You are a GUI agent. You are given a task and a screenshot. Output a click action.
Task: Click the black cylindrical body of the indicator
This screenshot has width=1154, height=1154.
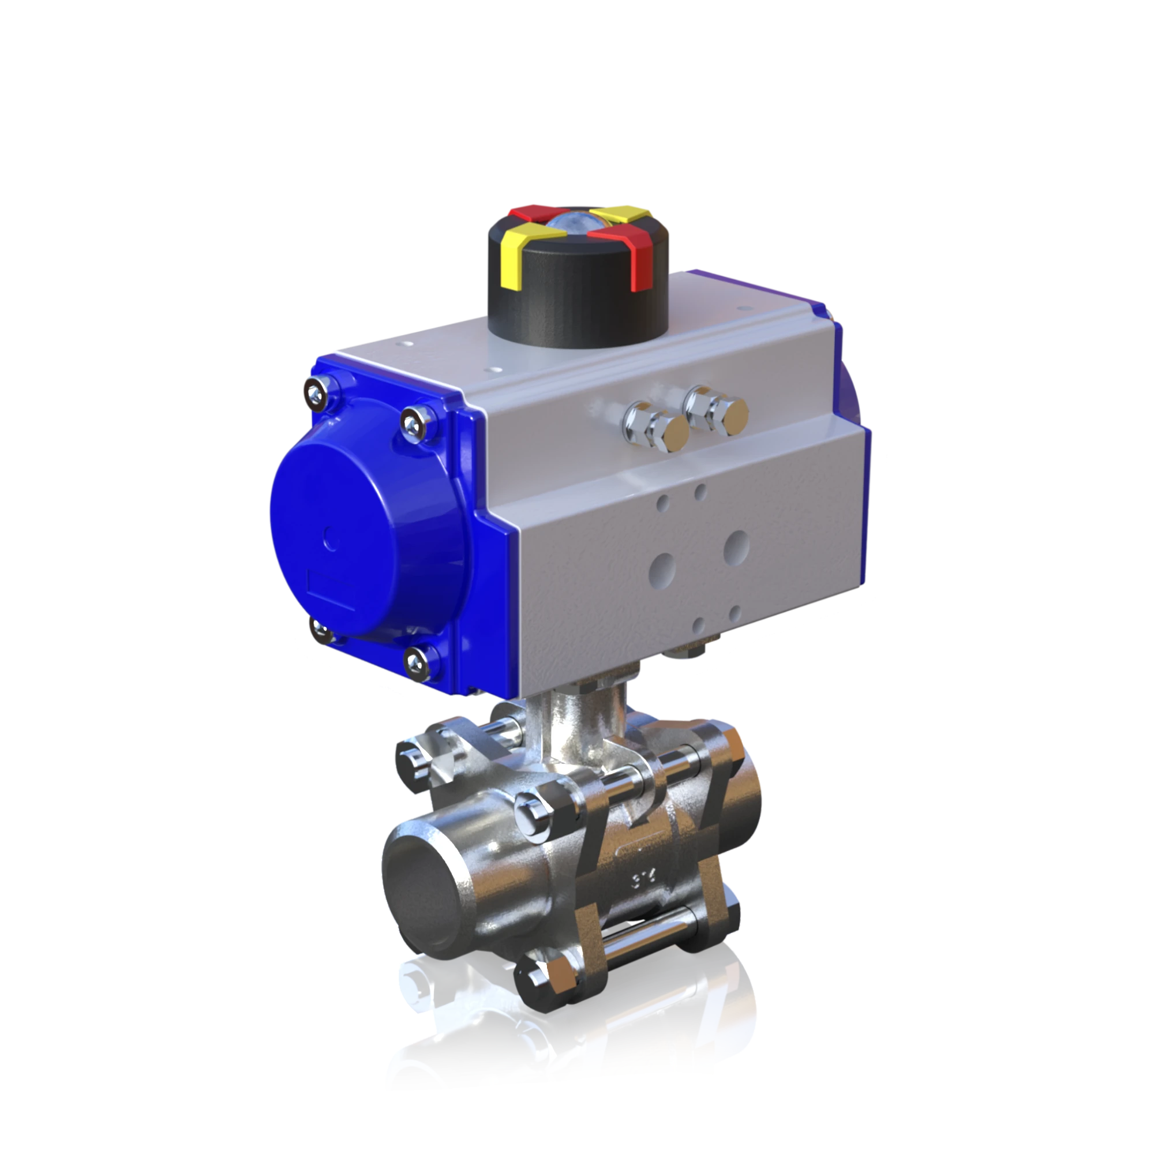pos(574,310)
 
